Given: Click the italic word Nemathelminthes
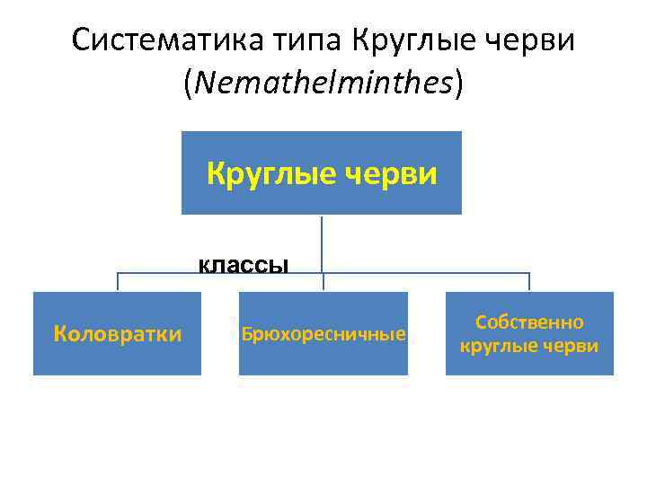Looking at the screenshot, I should pos(323,84).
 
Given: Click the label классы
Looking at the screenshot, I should pos(244,264).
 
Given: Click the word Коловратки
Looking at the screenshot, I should pos(117,334).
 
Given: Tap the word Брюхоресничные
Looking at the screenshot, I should pos(323,335).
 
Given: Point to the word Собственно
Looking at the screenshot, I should pos(529,322).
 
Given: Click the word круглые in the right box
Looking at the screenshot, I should pos(497,346).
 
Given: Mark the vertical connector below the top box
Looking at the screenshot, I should pos(322,242).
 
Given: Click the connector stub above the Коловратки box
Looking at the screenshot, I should pos(118,281).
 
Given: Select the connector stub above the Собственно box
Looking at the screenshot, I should pos(529,281).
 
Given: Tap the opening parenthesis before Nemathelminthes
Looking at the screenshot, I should pos(188,84).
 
